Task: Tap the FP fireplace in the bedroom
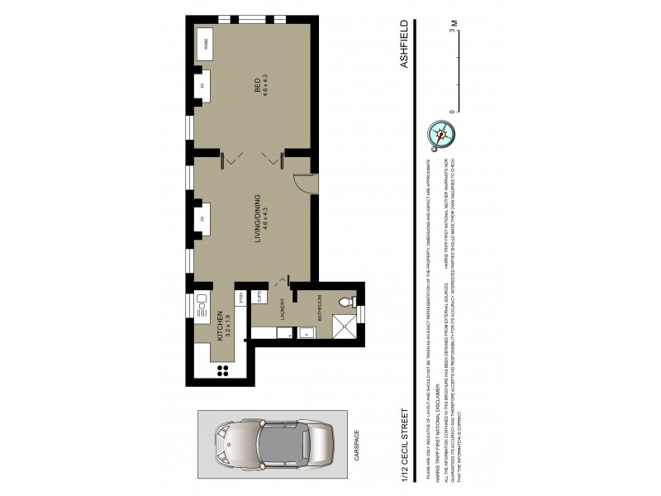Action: coord(202,85)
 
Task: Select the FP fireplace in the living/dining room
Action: coord(202,221)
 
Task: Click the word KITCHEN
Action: coord(220,326)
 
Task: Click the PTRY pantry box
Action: coord(241,300)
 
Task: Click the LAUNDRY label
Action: coord(283,308)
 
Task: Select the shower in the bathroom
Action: coord(347,328)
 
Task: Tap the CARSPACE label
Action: coord(357,447)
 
